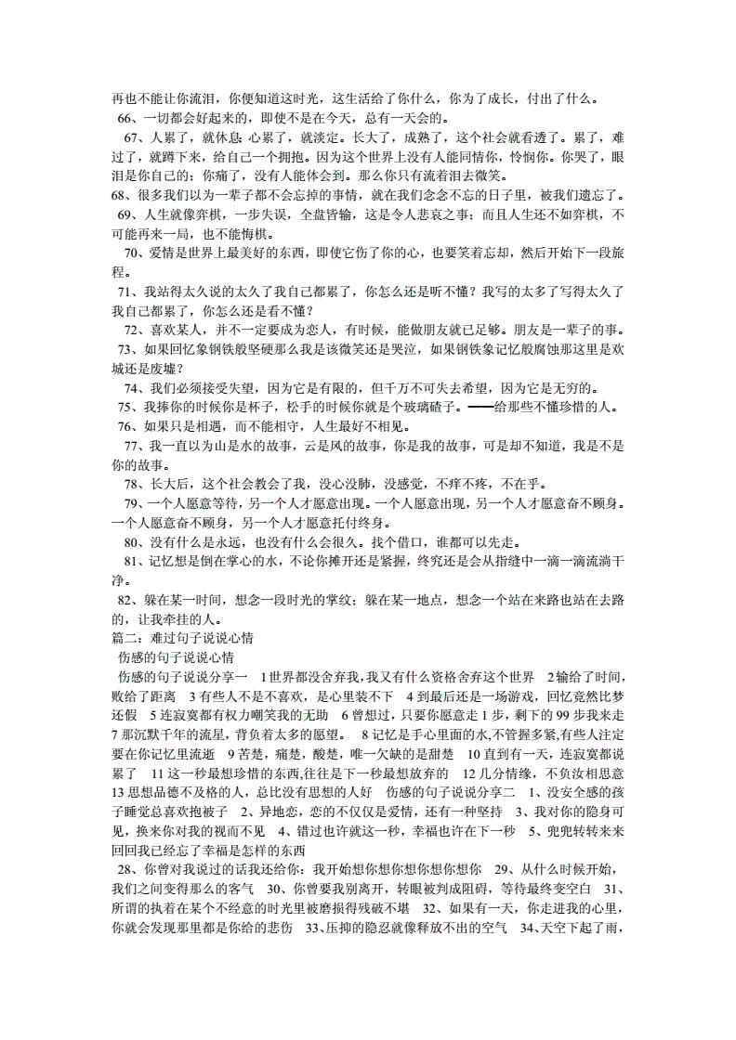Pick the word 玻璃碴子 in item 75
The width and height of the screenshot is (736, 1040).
click(425, 408)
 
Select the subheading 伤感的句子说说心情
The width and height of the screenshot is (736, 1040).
click(163, 658)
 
